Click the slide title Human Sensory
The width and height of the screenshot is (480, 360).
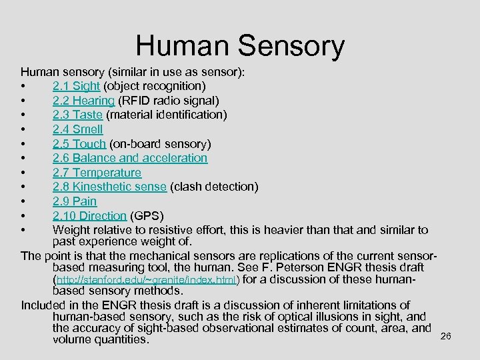point(240,46)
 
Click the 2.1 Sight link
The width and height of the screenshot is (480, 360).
point(76,86)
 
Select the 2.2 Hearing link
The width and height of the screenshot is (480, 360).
point(83,101)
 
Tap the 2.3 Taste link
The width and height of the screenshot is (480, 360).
point(77,115)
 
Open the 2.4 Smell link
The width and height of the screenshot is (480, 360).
point(77,129)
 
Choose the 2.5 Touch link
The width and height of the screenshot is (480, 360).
point(79,144)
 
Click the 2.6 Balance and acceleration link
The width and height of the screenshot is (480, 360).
point(129,158)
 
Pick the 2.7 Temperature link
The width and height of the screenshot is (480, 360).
point(97,173)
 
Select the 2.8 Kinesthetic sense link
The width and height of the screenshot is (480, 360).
point(109,187)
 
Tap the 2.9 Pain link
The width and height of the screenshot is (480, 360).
point(74,201)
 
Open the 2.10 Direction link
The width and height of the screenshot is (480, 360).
point(89,216)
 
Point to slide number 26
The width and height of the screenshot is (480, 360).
point(446,336)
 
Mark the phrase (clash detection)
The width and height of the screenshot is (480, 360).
point(214,187)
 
